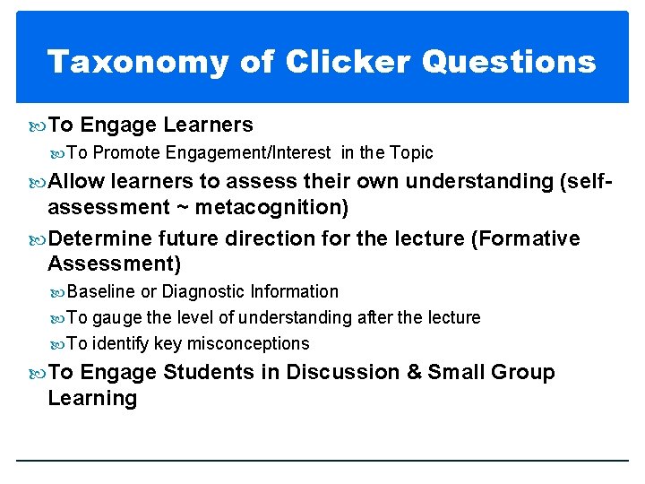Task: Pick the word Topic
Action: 410,153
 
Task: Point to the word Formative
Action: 535,239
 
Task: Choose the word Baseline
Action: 101,291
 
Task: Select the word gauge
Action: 116,317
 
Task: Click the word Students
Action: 206,372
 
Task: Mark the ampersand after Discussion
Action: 414,372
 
